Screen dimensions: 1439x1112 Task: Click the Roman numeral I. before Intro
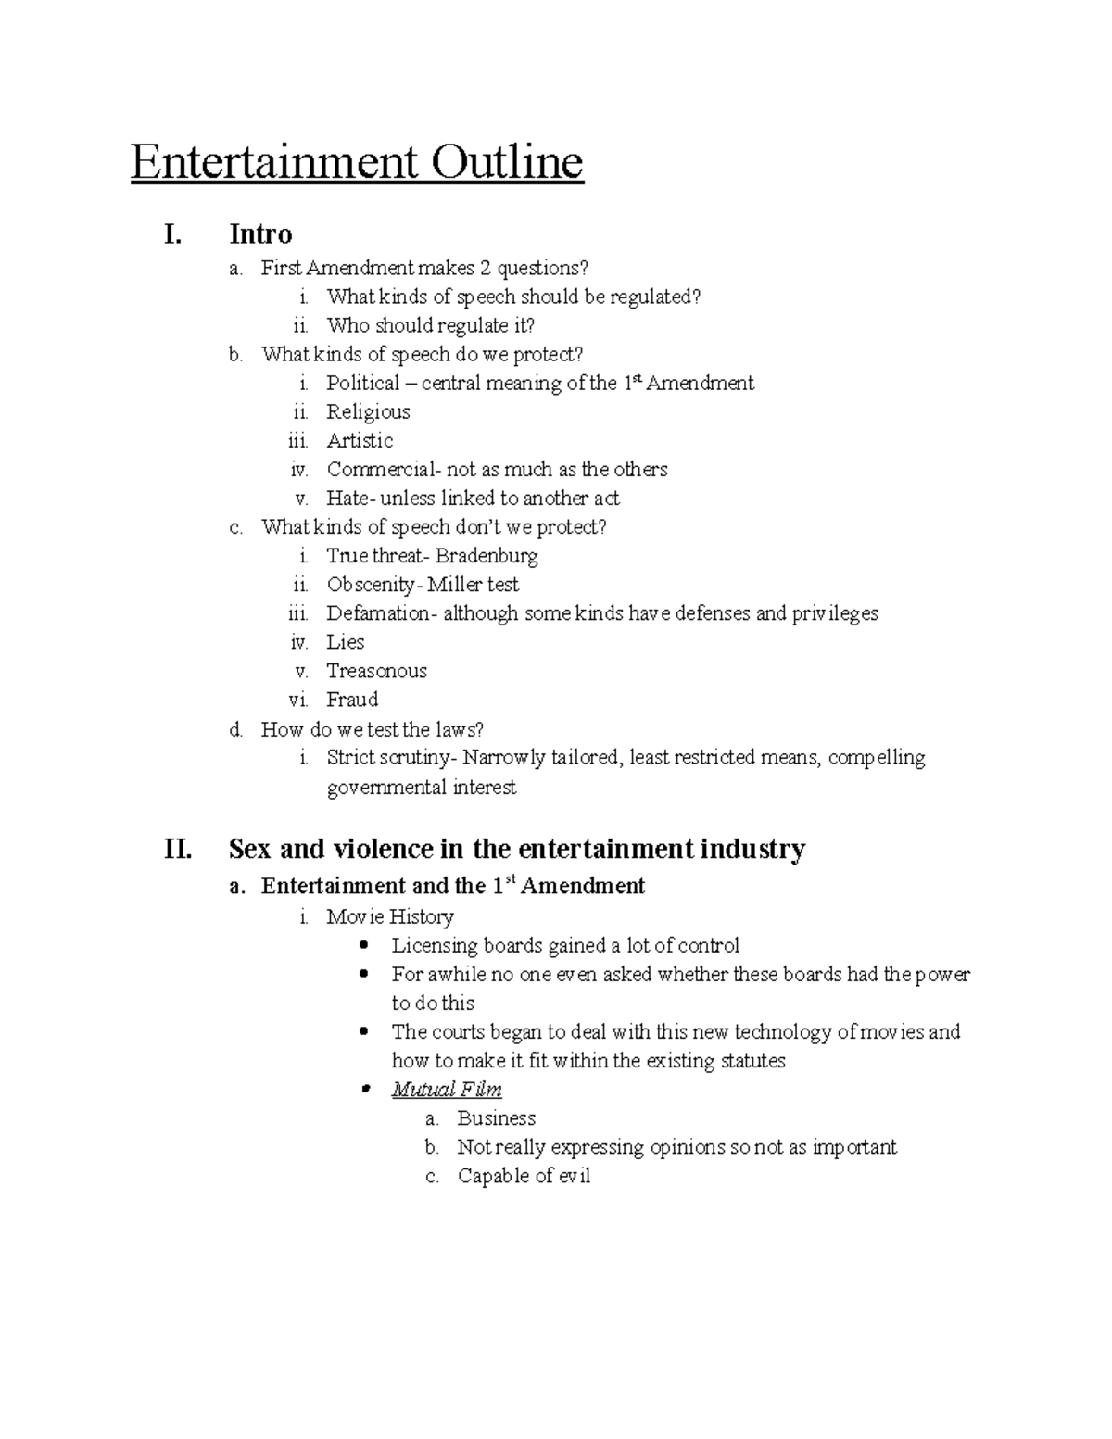(x=172, y=234)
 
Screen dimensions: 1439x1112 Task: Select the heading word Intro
(x=260, y=234)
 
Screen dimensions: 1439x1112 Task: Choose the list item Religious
(x=368, y=412)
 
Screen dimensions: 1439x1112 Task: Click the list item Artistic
(x=360, y=441)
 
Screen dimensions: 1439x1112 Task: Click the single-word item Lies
(x=345, y=642)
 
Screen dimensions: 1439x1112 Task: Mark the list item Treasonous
(x=376, y=671)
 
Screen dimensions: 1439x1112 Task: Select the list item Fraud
(x=352, y=700)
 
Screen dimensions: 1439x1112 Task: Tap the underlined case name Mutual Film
(x=447, y=1090)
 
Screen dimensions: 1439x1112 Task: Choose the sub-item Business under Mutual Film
(x=497, y=1118)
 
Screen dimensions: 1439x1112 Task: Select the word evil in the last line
(x=574, y=1177)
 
